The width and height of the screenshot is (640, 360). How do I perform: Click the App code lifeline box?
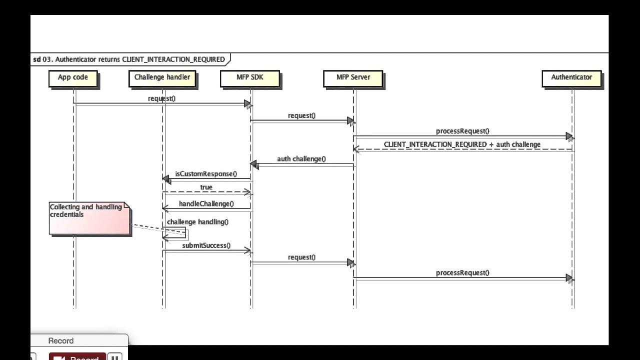click(x=73, y=78)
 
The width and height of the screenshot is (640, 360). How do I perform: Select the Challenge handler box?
click(x=162, y=78)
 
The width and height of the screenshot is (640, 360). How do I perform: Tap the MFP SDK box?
click(x=250, y=78)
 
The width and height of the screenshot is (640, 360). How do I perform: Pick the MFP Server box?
click(x=353, y=78)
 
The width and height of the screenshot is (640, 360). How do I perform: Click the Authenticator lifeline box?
click(x=571, y=78)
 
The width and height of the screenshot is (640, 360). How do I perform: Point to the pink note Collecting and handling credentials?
click(x=89, y=218)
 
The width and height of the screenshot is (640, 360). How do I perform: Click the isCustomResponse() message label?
click(x=206, y=174)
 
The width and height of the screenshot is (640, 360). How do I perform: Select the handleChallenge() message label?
click(x=206, y=204)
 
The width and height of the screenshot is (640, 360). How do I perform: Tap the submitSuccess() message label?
click(x=206, y=245)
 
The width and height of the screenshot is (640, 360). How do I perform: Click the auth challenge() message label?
click(x=301, y=159)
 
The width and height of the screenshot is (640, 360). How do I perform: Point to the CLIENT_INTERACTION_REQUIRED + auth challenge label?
click(x=462, y=144)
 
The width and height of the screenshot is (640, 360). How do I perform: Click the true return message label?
click(x=206, y=187)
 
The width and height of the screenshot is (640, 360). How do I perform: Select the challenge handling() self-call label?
click(x=197, y=221)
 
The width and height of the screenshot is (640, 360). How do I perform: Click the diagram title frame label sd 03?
click(x=129, y=59)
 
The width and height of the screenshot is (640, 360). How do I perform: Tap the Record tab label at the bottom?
click(x=61, y=341)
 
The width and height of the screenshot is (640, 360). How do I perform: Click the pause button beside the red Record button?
click(x=115, y=357)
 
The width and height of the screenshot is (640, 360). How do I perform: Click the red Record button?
click(x=77, y=357)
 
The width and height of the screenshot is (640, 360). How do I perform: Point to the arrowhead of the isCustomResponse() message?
click(x=166, y=178)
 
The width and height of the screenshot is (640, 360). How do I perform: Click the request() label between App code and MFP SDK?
click(x=161, y=98)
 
